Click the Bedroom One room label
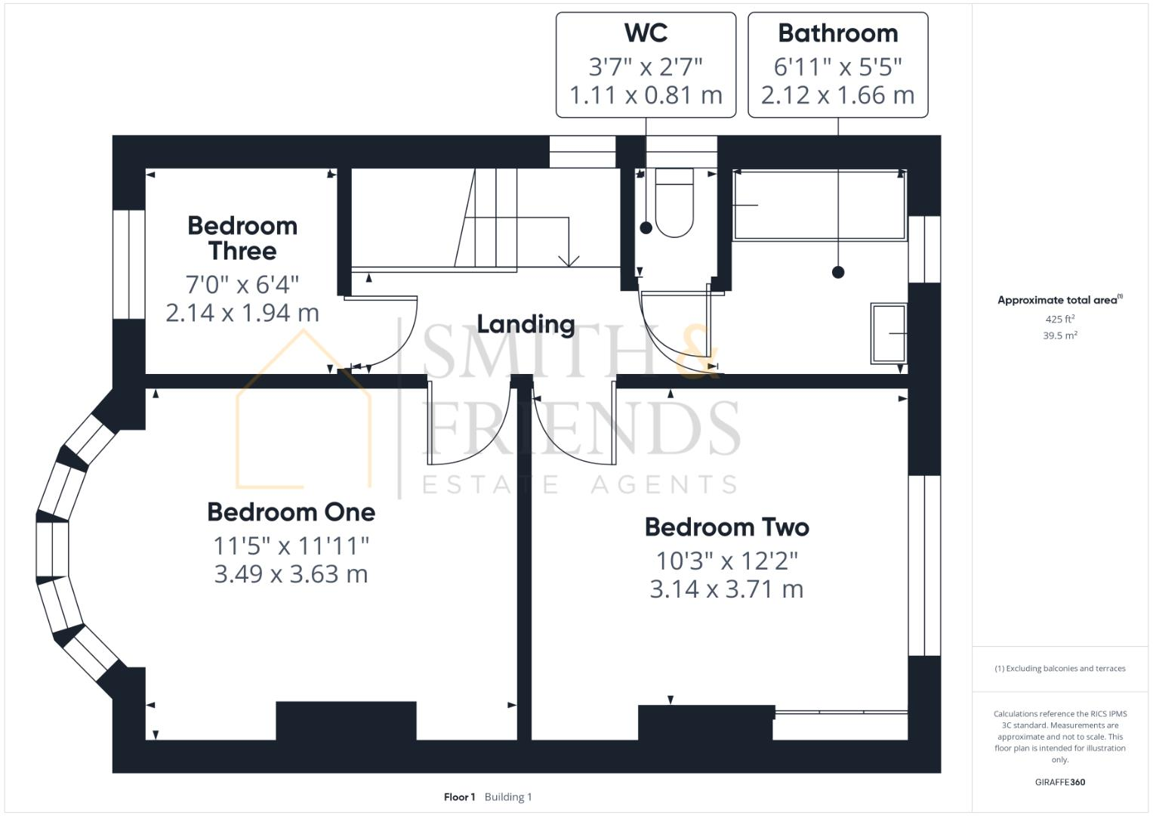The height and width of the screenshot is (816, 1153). (x=291, y=512)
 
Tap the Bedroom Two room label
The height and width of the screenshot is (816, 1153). (x=726, y=527)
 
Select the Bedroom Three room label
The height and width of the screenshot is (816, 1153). (x=242, y=238)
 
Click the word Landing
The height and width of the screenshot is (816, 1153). (x=526, y=324)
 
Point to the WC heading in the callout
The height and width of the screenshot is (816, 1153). (x=646, y=33)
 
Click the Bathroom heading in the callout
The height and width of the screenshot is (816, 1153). (x=837, y=33)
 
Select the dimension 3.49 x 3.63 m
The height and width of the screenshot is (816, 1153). (x=291, y=574)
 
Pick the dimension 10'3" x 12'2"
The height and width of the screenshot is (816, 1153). (x=726, y=561)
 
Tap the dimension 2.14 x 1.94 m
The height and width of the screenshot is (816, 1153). (x=242, y=313)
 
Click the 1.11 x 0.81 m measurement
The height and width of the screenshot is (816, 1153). (x=646, y=95)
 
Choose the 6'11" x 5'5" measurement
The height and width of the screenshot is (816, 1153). (x=837, y=67)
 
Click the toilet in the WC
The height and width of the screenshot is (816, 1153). (x=674, y=204)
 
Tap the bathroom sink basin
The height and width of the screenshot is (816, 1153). (x=889, y=333)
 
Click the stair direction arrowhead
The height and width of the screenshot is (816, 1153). (x=568, y=261)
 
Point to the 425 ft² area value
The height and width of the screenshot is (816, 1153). (x=1059, y=320)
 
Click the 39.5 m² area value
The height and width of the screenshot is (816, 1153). (x=1059, y=335)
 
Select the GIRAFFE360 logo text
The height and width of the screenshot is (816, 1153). (x=1059, y=782)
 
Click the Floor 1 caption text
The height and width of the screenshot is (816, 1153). (x=459, y=797)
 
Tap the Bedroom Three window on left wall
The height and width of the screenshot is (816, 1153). (x=128, y=264)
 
